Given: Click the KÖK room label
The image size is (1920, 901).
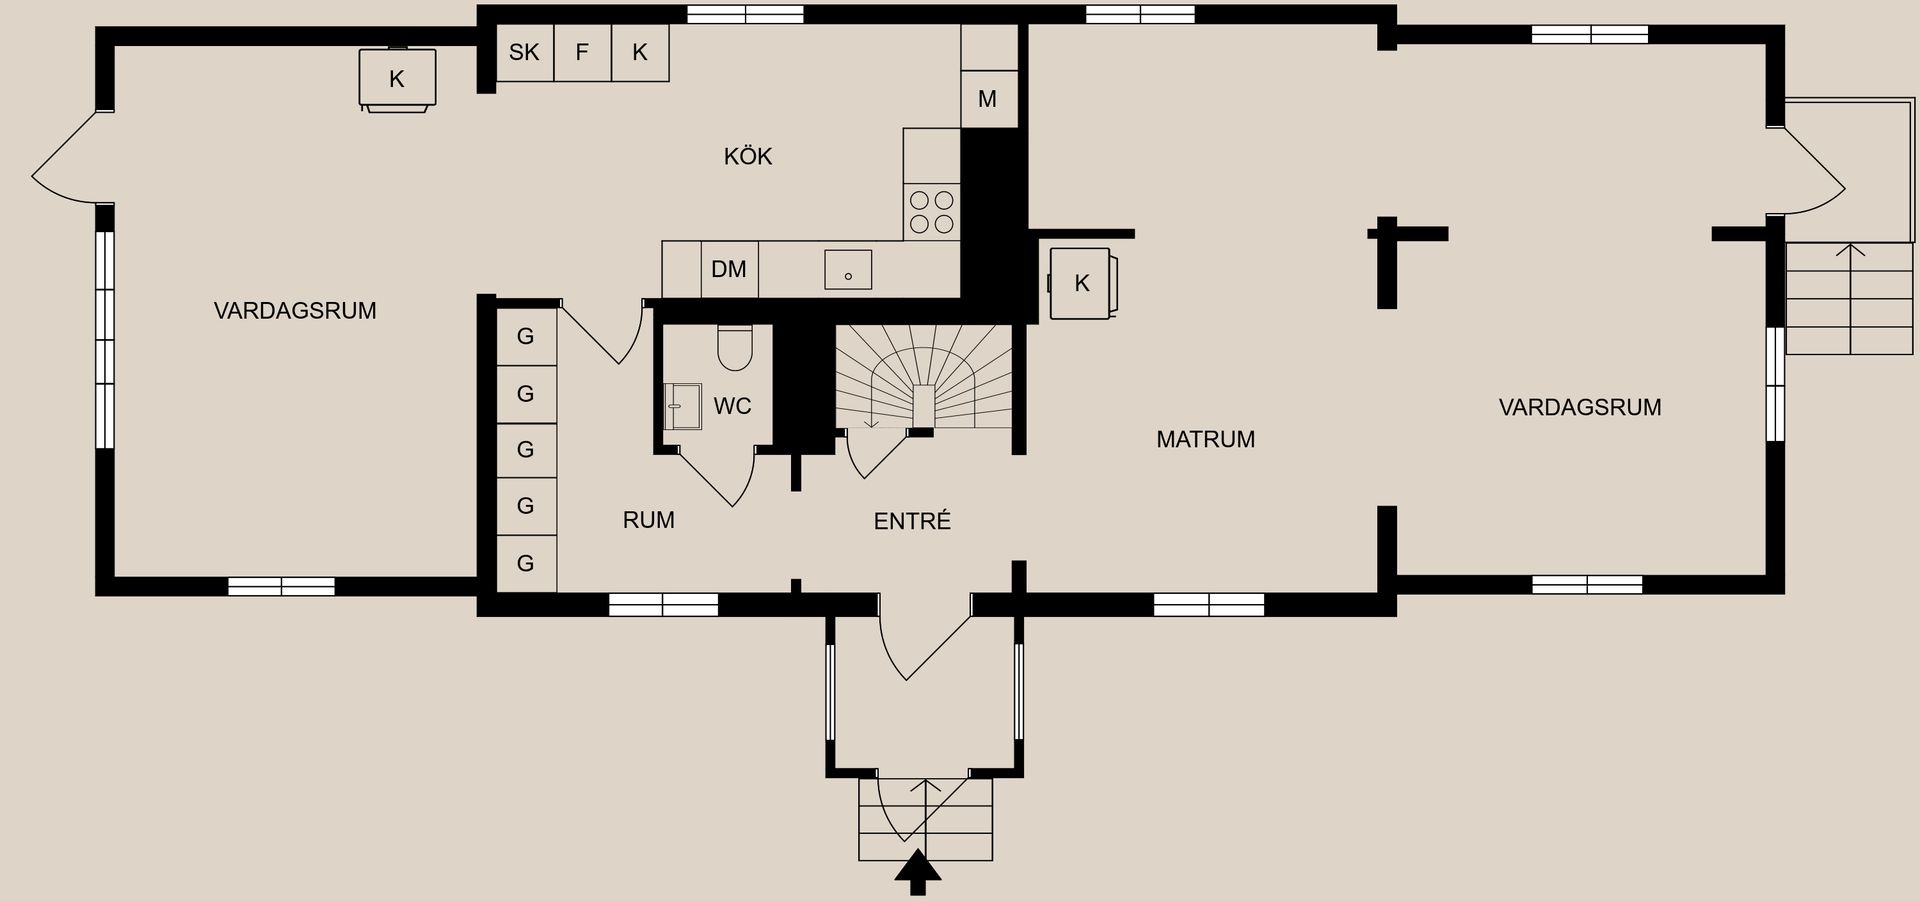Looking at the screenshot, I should pos(748,156).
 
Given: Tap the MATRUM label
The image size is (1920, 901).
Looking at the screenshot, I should pos(1205,439).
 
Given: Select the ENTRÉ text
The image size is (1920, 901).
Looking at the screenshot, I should pos(912,521).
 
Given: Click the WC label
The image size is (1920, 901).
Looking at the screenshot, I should pos(732,406).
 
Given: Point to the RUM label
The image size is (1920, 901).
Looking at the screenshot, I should pos(648,520).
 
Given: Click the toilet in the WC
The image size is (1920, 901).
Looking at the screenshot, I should pos(735,347).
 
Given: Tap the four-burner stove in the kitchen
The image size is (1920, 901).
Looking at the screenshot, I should pos(931,212).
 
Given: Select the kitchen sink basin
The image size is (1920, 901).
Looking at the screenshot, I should pos(848,270).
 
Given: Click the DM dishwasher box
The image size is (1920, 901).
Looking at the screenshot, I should pos(729,269).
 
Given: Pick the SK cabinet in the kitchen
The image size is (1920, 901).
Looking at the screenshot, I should pos(524,52).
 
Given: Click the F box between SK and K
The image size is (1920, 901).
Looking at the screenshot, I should pos(582,52).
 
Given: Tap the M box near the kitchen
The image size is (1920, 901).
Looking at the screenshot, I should pos(988,99).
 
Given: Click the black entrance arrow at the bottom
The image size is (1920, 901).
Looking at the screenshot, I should pos(918,872).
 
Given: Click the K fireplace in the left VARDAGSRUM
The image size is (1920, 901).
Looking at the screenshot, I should pos(397,78).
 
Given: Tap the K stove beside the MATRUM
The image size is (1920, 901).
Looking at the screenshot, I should pos(1081,283).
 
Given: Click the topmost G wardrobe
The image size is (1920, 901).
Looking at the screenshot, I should pos(526,336).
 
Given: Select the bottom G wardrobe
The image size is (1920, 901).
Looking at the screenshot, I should pos(526,563).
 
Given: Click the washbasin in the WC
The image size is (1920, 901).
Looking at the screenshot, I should pos(683,406).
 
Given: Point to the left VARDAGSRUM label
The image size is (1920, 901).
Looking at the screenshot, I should pos(295,311).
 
